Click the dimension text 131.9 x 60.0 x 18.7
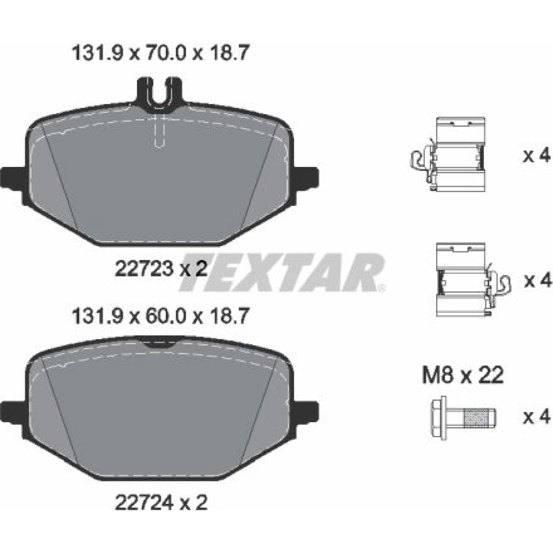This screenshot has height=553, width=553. click(x=160, y=316)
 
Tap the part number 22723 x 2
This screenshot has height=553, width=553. click(x=161, y=268)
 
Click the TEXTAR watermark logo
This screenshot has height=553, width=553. click(x=282, y=273)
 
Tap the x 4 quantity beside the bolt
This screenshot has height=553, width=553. click(x=536, y=418)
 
